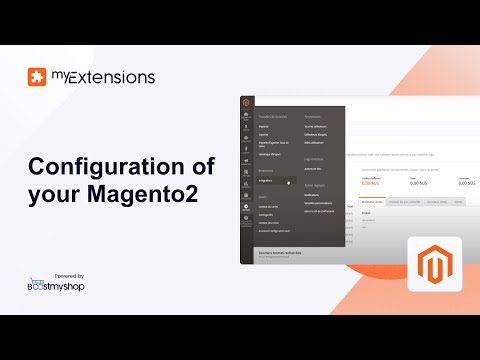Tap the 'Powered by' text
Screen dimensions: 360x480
(66, 275)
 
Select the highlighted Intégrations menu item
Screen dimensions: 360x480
(268, 181)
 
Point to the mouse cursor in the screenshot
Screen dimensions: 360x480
(291, 183)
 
